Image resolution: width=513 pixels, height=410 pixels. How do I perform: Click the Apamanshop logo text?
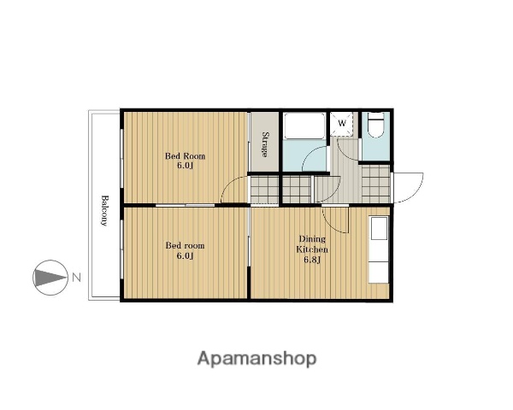(x=256, y=359)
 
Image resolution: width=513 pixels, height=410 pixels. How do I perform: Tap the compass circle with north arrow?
(x=50, y=278)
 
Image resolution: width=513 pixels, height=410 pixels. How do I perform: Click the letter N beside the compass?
(x=77, y=278)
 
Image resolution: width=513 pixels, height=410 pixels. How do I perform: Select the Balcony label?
(x=104, y=211)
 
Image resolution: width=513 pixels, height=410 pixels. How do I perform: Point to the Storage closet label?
(x=265, y=144)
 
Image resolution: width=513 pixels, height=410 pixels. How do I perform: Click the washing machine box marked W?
(x=341, y=124)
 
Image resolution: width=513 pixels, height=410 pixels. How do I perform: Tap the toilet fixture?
(x=375, y=126)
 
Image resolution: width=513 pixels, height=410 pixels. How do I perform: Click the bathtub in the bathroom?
(x=304, y=126)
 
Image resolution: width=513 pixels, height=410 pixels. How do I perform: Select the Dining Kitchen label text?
(x=312, y=244)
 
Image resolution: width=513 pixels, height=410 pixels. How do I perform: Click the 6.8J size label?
(x=312, y=260)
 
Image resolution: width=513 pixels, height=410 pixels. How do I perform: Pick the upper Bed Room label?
(x=185, y=155)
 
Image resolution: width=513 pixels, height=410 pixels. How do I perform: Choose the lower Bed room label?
(x=185, y=245)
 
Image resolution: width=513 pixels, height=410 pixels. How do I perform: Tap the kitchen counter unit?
(x=379, y=249)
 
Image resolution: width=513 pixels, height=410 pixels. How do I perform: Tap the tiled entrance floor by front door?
(x=376, y=184)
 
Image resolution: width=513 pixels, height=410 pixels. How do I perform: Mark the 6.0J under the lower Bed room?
(x=185, y=255)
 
